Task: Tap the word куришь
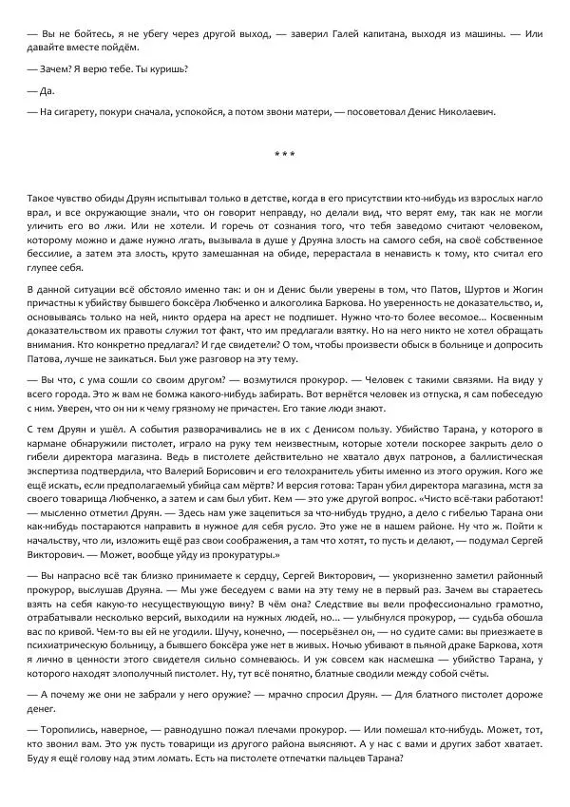point(167,68)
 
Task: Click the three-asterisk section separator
point(284,154)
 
